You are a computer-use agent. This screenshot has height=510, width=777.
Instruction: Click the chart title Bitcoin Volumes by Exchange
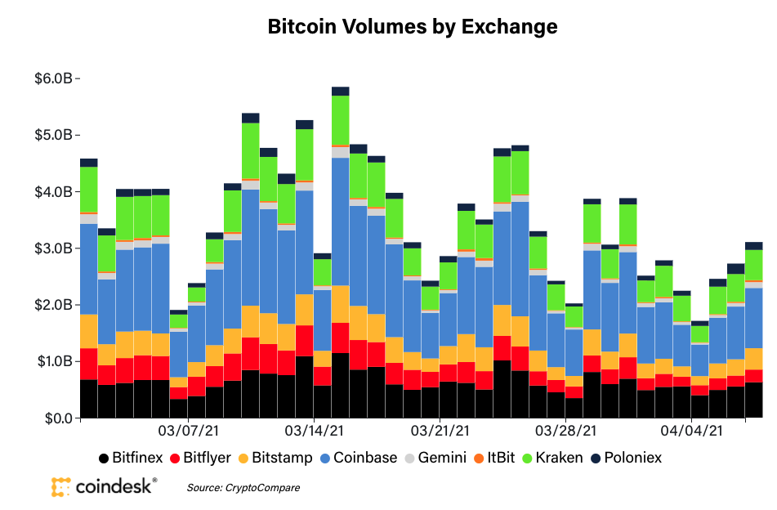(x=413, y=27)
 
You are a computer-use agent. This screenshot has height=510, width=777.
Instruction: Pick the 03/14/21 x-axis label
(x=314, y=430)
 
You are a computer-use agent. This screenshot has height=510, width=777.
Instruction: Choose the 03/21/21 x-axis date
(x=441, y=430)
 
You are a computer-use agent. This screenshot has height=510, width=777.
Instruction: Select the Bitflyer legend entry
(x=201, y=458)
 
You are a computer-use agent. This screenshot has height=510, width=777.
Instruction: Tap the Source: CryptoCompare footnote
(x=243, y=488)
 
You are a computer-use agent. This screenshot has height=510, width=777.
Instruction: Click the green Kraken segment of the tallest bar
(x=341, y=120)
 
